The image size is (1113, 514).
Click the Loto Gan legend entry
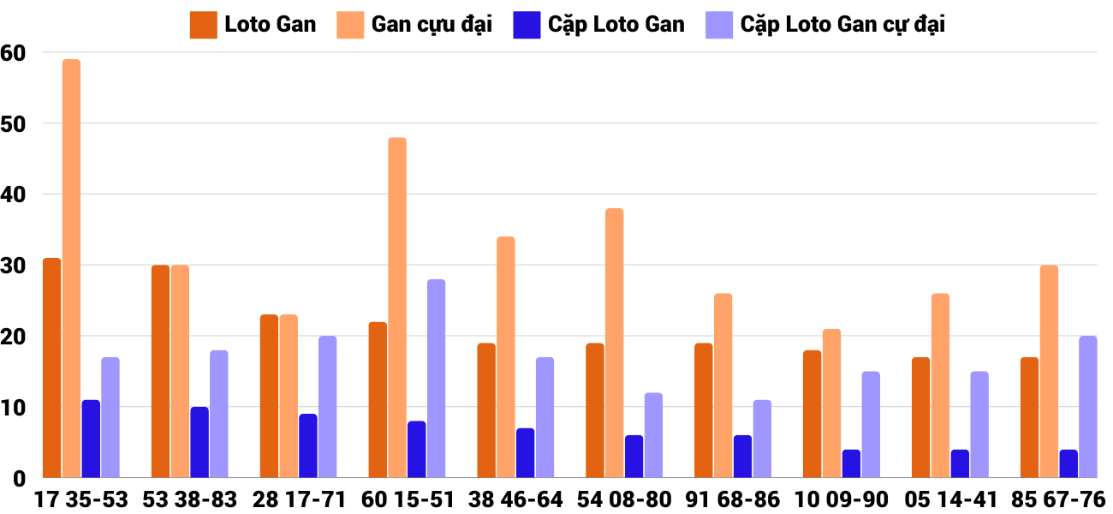click(x=253, y=25)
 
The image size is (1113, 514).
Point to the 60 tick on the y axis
click(x=14, y=53)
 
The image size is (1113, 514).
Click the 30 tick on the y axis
click(x=14, y=266)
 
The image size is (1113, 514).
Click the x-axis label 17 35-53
click(x=81, y=499)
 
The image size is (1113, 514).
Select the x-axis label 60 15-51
click(x=408, y=499)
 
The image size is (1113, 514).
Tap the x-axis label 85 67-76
click(x=1058, y=499)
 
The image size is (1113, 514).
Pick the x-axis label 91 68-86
click(x=733, y=499)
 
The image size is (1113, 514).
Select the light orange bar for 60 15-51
click(x=397, y=308)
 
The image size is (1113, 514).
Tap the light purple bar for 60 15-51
click(x=436, y=379)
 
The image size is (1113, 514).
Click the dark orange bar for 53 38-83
click(x=160, y=372)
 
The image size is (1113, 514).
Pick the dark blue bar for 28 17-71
click(x=308, y=446)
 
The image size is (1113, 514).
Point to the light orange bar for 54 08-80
click(x=615, y=344)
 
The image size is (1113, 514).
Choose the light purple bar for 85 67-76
click(x=1087, y=407)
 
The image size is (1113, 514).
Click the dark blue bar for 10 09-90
click(x=851, y=463)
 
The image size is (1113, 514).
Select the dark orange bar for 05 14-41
click(x=920, y=418)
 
